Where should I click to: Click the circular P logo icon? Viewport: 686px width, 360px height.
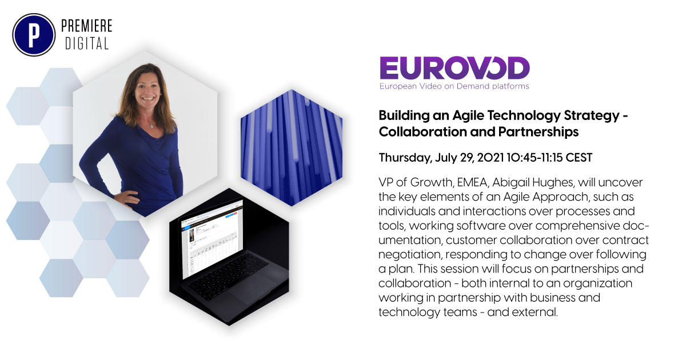[33, 34]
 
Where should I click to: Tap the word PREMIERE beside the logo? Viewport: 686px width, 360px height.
[86, 26]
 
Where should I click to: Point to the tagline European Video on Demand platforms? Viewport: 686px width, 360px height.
[454, 86]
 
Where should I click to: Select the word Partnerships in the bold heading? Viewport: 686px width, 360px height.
[541, 131]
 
